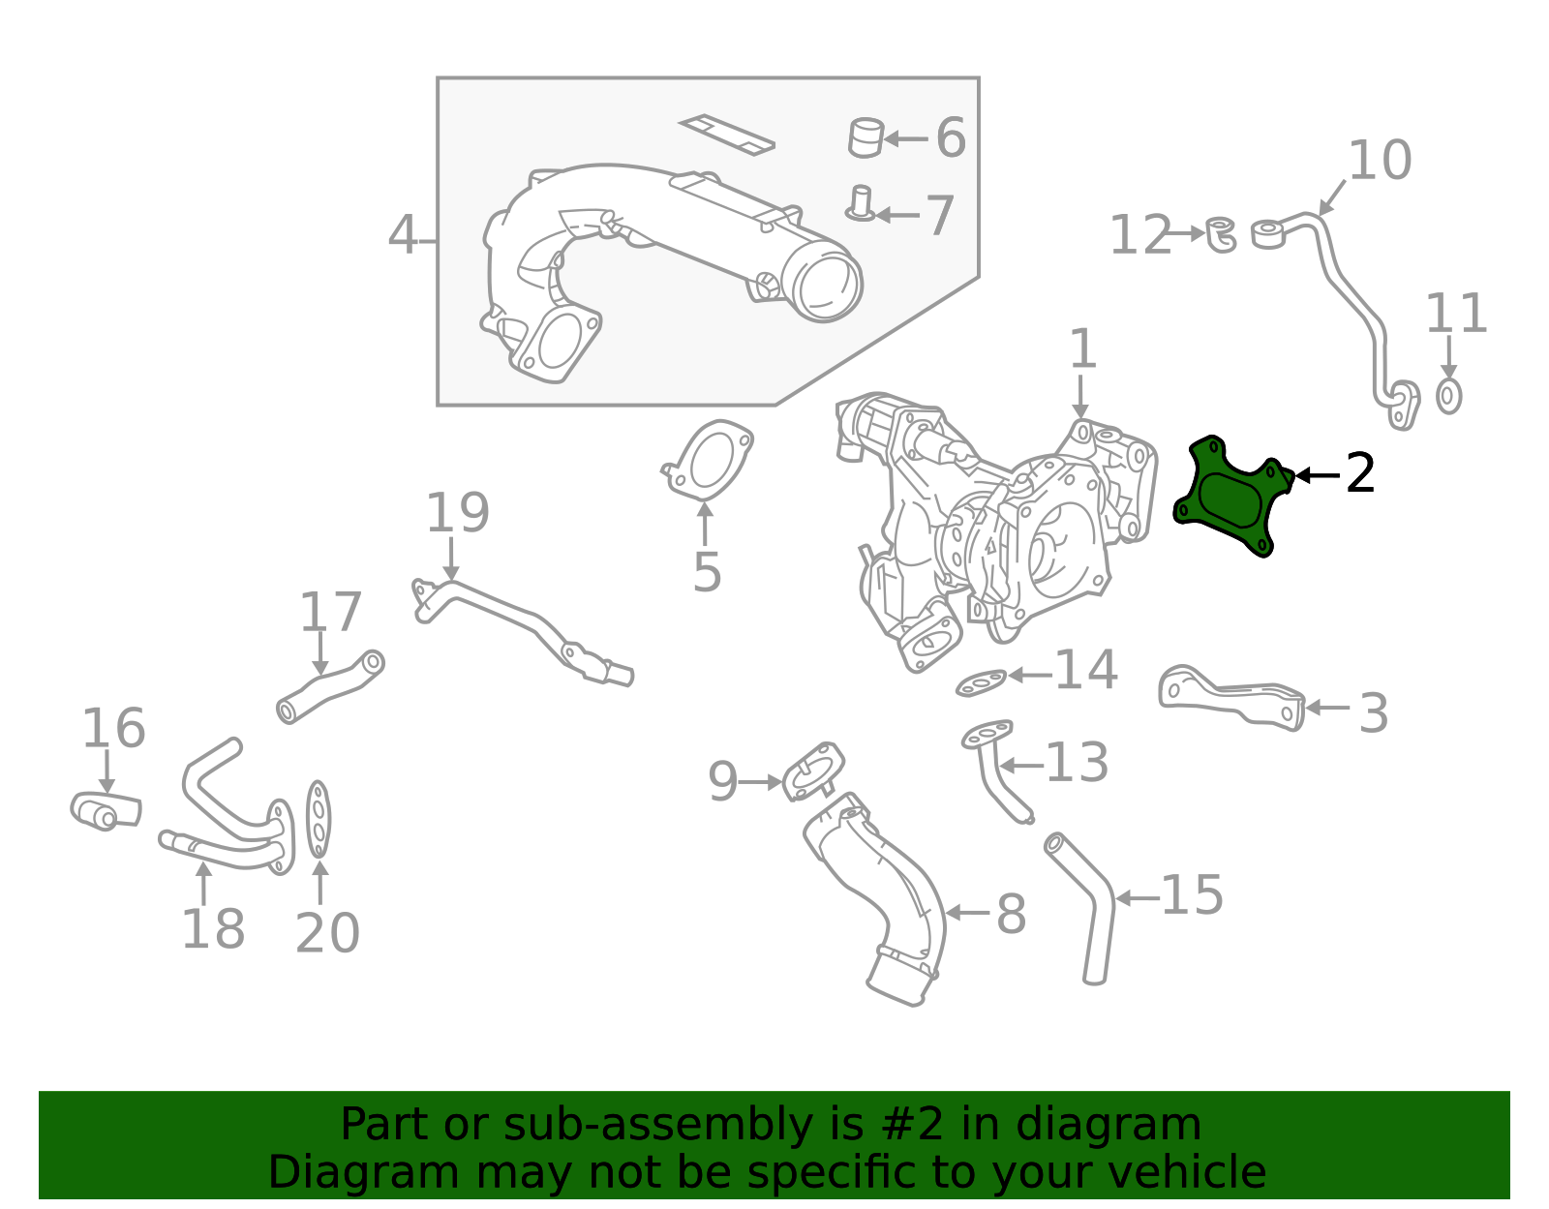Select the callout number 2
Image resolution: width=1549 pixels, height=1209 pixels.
[1360, 473]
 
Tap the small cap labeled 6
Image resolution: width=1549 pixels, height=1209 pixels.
[866, 136]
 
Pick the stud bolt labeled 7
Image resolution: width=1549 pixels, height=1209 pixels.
[860, 204]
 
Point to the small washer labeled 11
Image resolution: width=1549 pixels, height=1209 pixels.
[1448, 395]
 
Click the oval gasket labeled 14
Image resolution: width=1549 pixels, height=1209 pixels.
[982, 683]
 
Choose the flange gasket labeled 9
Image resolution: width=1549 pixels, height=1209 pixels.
[813, 771]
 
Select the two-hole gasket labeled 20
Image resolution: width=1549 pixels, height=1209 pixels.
[319, 820]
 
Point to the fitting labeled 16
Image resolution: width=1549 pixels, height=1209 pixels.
[105, 811]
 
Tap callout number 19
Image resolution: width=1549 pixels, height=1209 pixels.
[457, 513]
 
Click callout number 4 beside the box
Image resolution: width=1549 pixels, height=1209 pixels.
[402, 236]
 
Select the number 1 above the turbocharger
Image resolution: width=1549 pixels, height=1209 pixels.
[1081, 349]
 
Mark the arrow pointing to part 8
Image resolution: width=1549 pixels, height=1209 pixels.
[965, 912]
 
